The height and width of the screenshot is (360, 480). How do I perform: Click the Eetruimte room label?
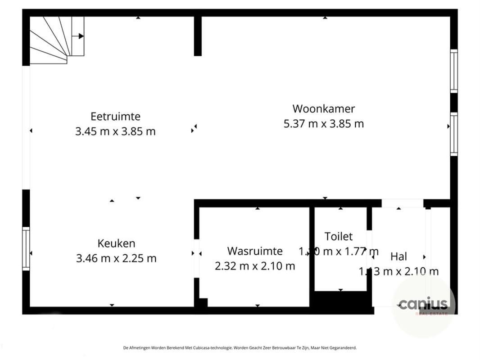click(116, 117)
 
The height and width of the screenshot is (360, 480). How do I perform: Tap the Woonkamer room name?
click(324, 109)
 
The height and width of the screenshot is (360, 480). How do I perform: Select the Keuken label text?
click(116, 243)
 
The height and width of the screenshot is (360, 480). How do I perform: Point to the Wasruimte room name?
click(255, 251)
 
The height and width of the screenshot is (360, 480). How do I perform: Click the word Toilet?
click(339, 236)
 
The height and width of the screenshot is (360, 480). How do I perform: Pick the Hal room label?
click(399, 256)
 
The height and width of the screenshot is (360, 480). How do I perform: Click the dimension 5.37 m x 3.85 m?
click(324, 124)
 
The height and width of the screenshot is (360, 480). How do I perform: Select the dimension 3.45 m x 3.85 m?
click(116, 131)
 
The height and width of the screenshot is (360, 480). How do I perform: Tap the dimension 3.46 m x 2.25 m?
click(116, 258)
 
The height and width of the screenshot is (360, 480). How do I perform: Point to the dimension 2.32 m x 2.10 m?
click(255, 266)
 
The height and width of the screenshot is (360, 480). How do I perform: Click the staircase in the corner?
click(54, 38)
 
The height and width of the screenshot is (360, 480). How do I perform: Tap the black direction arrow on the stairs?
click(81, 36)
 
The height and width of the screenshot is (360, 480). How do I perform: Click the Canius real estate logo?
click(423, 305)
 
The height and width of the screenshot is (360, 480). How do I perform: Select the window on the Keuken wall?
click(26, 249)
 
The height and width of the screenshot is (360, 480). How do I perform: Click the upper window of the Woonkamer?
click(454, 71)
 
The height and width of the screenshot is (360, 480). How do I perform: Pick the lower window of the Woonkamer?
click(454, 134)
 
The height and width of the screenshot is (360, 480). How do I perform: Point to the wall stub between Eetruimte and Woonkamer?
click(198, 36)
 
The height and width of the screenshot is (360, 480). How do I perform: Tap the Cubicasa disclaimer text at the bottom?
click(240, 348)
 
